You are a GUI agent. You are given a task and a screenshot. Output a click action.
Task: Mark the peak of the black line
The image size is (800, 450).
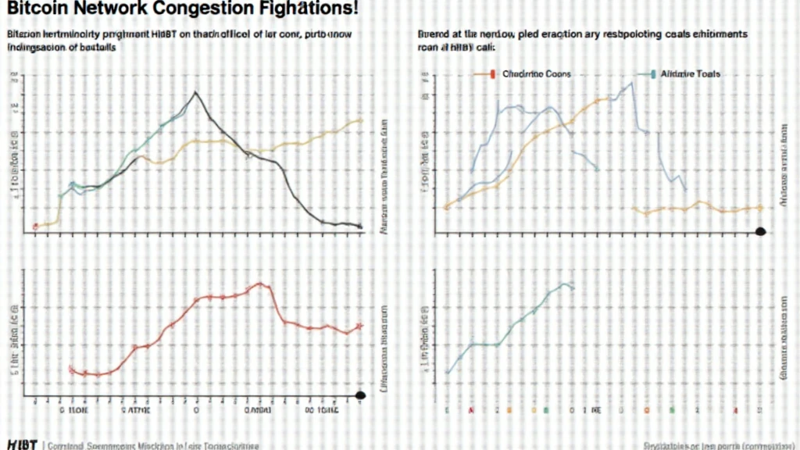196,92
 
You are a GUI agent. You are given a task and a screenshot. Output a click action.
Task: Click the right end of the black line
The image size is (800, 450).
360,226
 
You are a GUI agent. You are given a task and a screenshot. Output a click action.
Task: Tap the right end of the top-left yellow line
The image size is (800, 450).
360,120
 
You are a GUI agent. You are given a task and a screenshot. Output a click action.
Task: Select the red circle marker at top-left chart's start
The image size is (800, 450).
35,227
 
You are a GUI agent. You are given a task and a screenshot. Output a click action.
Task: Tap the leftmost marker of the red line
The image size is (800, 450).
71,369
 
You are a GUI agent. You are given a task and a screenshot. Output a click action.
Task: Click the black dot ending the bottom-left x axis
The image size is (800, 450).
360,396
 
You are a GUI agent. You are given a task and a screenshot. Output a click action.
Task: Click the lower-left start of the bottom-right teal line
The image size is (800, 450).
447,372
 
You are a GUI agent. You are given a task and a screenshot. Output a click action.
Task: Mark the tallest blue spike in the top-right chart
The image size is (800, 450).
631,83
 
